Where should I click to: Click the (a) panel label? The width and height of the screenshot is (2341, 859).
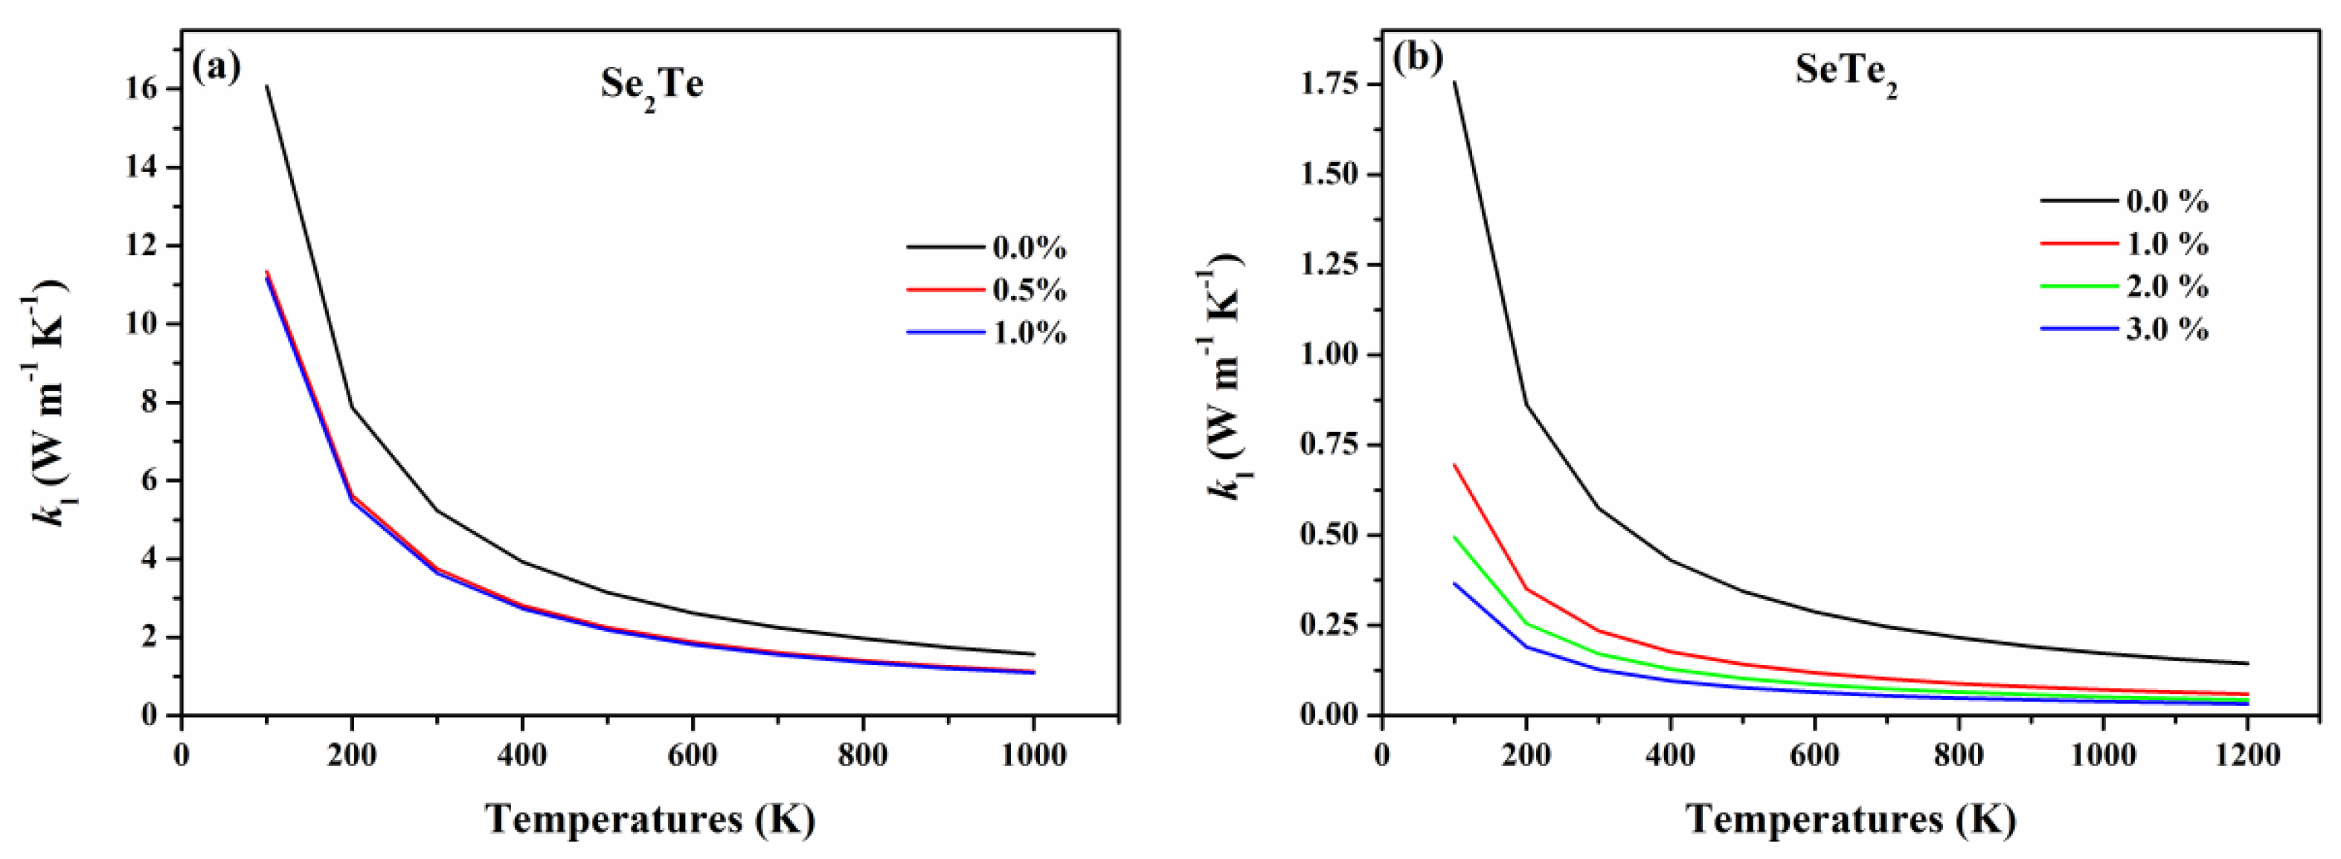pyautogui.click(x=216, y=67)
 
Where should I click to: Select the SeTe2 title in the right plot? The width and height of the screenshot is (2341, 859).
pyautogui.click(x=1846, y=73)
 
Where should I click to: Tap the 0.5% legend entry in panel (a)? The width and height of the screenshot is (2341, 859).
pyautogui.click(x=1029, y=291)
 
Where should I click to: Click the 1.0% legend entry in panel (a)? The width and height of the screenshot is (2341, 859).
pyautogui.click(x=1029, y=334)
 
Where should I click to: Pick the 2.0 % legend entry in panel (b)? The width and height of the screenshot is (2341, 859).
pyautogui.click(x=2166, y=287)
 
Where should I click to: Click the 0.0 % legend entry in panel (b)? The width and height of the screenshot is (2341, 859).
pyautogui.click(x=2166, y=202)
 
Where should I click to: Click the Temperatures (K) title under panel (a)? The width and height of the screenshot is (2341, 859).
pyautogui.click(x=651, y=819)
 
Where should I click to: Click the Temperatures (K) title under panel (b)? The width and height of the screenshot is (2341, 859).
pyautogui.click(x=1852, y=819)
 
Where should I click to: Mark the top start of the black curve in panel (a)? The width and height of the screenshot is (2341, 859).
pyautogui.click(x=266, y=86)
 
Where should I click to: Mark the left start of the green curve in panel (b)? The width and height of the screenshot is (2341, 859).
pyautogui.click(x=1454, y=537)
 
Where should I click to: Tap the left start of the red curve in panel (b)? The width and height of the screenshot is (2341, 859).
pyautogui.click(x=1454, y=465)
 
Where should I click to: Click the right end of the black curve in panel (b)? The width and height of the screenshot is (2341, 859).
pyautogui.click(x=2247, y=663)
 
